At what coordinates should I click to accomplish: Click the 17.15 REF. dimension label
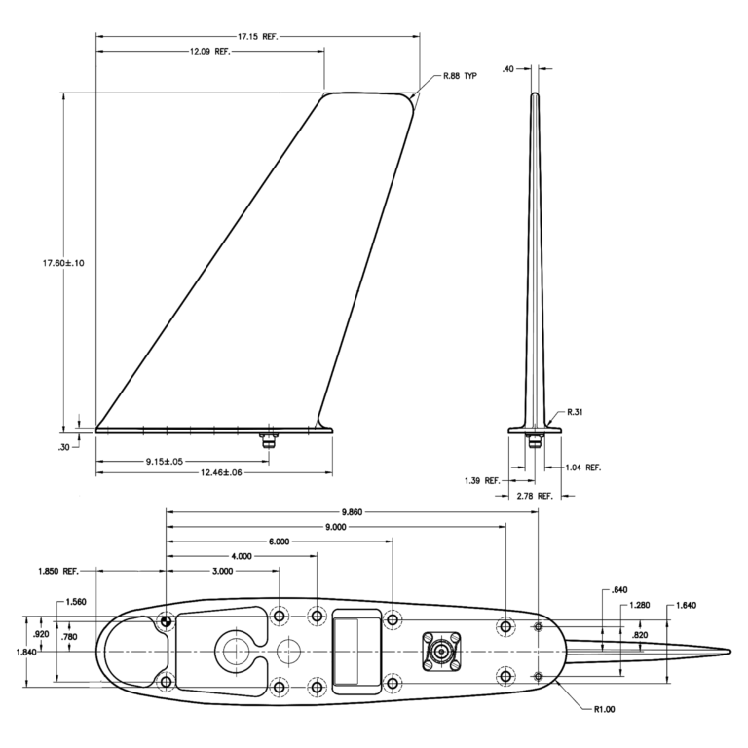click(x=257, y=36)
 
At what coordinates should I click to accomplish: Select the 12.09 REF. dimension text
click(x=210, y=51)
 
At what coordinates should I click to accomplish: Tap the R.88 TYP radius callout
click(x=460, y=76)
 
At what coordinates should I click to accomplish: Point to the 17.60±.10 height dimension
click(x=63, y=263)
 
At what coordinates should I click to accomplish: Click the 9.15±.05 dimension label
click(x=164, y=462)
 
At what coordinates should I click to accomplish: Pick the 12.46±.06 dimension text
click(x=221, y=472)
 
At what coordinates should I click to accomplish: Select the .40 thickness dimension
click(x=508, y=69)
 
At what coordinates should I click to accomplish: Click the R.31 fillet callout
click(x=575, y=412)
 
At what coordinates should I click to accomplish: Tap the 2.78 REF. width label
click(x=535, y=496)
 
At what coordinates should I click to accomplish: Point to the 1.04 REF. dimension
click(x=583, y=467)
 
